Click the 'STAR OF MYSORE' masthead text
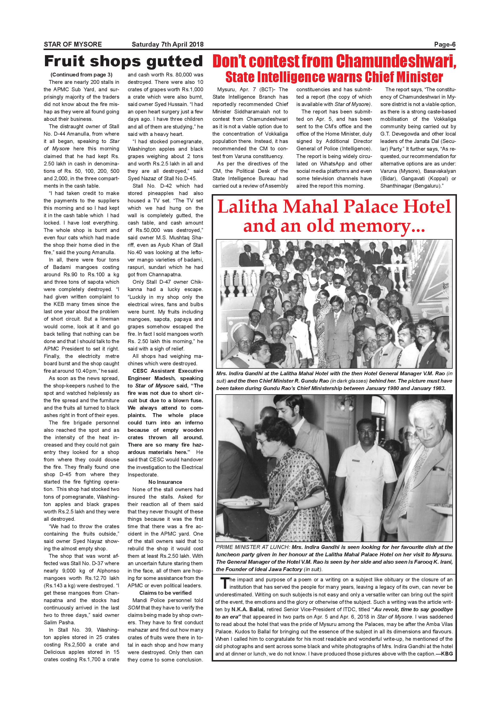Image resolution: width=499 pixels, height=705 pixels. [x=73, y=45]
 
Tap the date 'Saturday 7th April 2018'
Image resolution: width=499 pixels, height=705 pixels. [x=168, y=45]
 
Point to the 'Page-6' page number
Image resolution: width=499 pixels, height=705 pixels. [x=445, y=45]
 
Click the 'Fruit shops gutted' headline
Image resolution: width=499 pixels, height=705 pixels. [x=123, y=61]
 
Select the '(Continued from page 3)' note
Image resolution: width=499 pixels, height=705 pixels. [x=81, y=74]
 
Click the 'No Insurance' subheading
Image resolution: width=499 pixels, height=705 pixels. [x=165, y=482]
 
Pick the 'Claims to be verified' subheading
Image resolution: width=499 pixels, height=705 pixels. [x=165, y=593]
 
